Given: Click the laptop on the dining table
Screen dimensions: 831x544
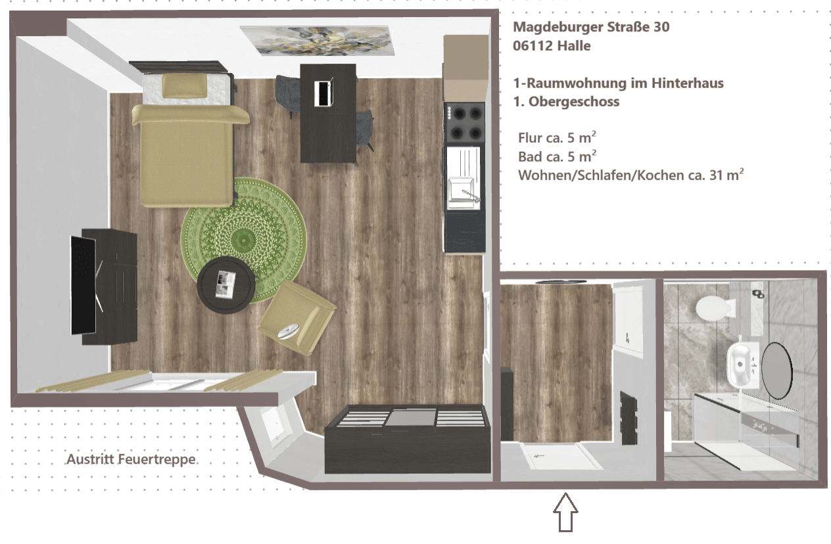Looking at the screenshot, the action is click(x=323, y=93).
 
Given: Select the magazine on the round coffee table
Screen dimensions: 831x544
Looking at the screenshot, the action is click(x=226, y=284).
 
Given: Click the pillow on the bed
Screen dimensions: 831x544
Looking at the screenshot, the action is click(x=185, y=85).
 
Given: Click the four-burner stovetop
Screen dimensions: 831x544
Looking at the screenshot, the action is click(x=465, y=122).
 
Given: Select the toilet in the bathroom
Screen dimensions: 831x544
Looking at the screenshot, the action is click(x=714, y=307).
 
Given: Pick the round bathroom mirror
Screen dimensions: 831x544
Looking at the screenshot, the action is click(x=776, y=371).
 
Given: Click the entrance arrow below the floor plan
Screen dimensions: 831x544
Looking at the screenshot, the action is click(x=565, y=512).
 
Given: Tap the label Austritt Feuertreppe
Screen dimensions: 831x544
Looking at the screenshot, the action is click(x=131, y=459).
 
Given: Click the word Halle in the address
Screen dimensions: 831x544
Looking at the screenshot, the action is click(x=574, y=46).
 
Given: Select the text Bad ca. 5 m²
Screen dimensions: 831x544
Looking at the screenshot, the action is click(x=558, y=156).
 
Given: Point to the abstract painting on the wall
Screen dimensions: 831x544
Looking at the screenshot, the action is click(x=318, y=40).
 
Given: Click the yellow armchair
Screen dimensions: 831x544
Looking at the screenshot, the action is click(x=297, y=318).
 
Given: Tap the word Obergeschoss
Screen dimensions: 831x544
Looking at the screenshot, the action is click(x=574, y=102).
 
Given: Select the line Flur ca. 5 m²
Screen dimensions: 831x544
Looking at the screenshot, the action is click(x=557, y=137).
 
